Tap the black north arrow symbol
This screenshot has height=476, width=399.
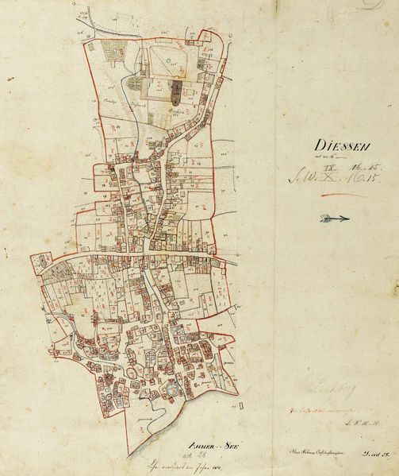pos(336,218)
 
